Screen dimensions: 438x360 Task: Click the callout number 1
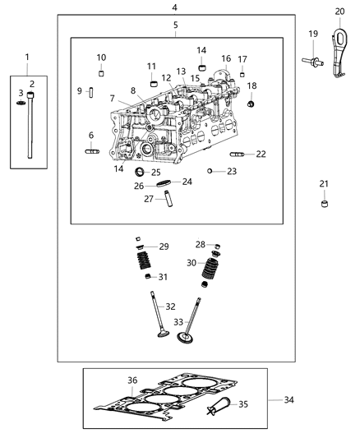[x=26, y=57]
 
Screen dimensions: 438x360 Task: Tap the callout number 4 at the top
[x=174, y=7]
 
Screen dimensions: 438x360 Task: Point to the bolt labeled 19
[x=313, y=59]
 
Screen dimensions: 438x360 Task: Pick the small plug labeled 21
[x=325, y=225]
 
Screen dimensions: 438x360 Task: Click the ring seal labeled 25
[x=139, y=172]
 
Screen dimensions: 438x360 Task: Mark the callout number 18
[x=252, y=85]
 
